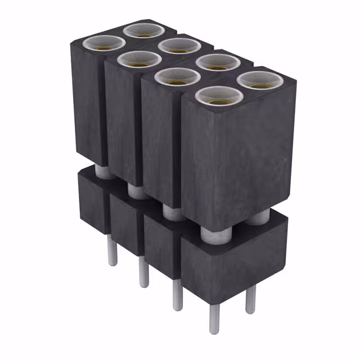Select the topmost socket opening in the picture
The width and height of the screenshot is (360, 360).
point(144,29)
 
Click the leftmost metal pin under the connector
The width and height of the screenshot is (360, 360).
point(112,250)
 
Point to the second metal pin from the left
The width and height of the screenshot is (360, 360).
point(144,273)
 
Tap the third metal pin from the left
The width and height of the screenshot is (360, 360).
point(178,295)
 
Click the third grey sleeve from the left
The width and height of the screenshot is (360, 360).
point(172,213)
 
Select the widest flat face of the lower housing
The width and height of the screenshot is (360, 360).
point(233,264)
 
